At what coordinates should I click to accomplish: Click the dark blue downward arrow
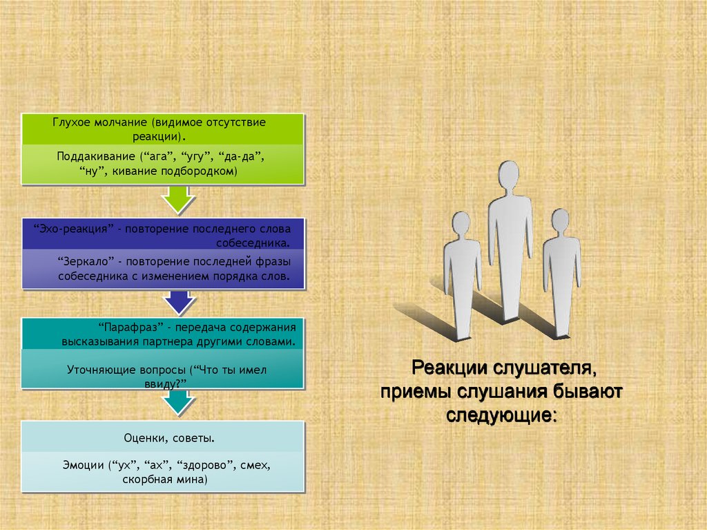click(x=179, y=301)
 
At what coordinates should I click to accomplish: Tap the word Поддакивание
click(x=93, y=157)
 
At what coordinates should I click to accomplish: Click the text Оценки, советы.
click(x=163, y=438)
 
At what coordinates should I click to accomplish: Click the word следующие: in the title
click(x=501, y=415)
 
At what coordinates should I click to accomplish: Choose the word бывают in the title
click(x=587, y=391)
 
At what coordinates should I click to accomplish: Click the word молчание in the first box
click(x=126, y=122)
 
